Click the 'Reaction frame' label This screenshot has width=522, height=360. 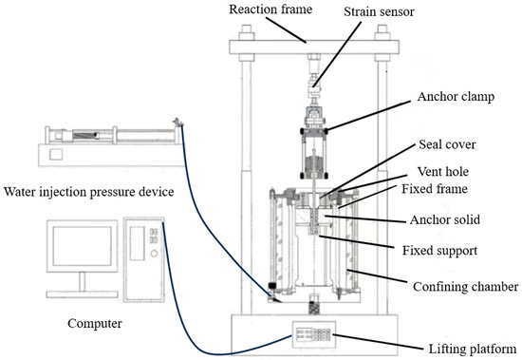pos(270,9)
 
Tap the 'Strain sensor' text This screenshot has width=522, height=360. pos(379,11)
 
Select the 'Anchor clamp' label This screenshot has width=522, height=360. pos(456,97)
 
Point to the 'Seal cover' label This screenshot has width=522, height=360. pos(447,144)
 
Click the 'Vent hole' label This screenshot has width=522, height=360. pos(443,171)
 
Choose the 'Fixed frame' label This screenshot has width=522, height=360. pos(435,189)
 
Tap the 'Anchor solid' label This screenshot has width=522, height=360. pos(445,219)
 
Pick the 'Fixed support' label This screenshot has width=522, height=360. pos(439,251)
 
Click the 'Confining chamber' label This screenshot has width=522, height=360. pos(465,287)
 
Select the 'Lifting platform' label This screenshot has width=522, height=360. pos(472,349)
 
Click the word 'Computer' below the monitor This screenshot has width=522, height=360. pos(95,323)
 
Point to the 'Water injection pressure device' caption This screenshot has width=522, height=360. pos(88,192)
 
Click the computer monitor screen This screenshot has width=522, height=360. pos(83,246)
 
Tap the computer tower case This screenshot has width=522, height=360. pos(144,259)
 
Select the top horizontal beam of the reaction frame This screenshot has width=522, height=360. pos(314,47)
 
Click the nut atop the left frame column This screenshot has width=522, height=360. pos(247,33)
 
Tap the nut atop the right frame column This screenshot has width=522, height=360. pos(382,33)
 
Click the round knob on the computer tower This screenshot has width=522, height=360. pos(154,254)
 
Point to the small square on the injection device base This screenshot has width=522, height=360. pos(56,154)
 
